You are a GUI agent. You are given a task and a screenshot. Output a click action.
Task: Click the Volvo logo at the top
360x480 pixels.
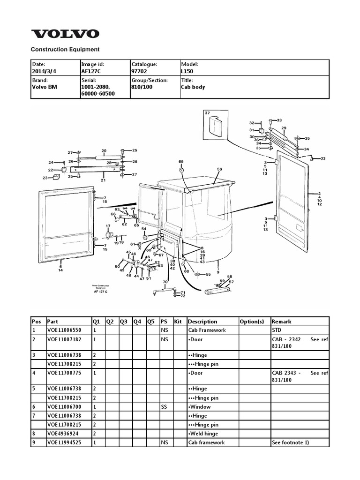point(65,34)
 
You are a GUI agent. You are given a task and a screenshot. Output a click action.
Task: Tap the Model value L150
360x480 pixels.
point(187,72)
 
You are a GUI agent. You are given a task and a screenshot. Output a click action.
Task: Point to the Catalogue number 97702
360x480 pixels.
point(139,72)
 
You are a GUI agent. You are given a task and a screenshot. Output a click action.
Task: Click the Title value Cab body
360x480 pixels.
point(193,87)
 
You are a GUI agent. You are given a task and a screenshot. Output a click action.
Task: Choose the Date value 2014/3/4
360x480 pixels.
point(44,72)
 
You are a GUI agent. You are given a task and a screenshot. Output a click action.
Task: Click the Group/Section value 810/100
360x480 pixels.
point(142,87)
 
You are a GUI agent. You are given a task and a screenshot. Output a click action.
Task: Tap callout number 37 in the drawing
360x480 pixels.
point(207,113)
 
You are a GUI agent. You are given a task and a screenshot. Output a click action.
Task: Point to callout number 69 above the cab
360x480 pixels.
point(181,161)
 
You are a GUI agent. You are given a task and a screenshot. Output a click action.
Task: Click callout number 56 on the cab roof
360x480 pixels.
point(219,169)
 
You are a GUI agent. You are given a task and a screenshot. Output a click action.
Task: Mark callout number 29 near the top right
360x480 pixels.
point(284,128)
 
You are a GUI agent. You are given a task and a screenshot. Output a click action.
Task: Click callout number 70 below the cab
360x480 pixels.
point(165,282)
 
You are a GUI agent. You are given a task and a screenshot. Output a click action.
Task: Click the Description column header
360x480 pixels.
point(202,322)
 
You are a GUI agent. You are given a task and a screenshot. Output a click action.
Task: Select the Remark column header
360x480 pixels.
point(281,322)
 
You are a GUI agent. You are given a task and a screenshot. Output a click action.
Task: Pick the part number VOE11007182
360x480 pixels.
point(64,338)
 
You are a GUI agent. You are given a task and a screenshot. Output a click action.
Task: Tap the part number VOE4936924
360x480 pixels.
point(63,434)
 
